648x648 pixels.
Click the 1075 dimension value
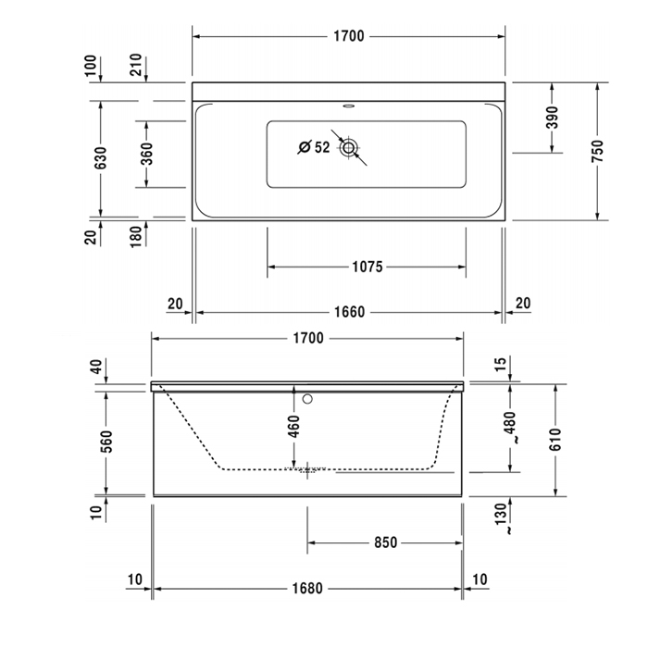367,268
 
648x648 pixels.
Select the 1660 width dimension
348,313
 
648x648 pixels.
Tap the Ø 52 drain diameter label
314,147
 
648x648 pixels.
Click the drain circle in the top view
349,147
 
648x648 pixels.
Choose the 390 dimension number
552,117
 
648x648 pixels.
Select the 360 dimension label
146,154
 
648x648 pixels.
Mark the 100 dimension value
91,66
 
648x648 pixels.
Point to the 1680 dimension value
308,588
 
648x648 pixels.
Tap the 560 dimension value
106,442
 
